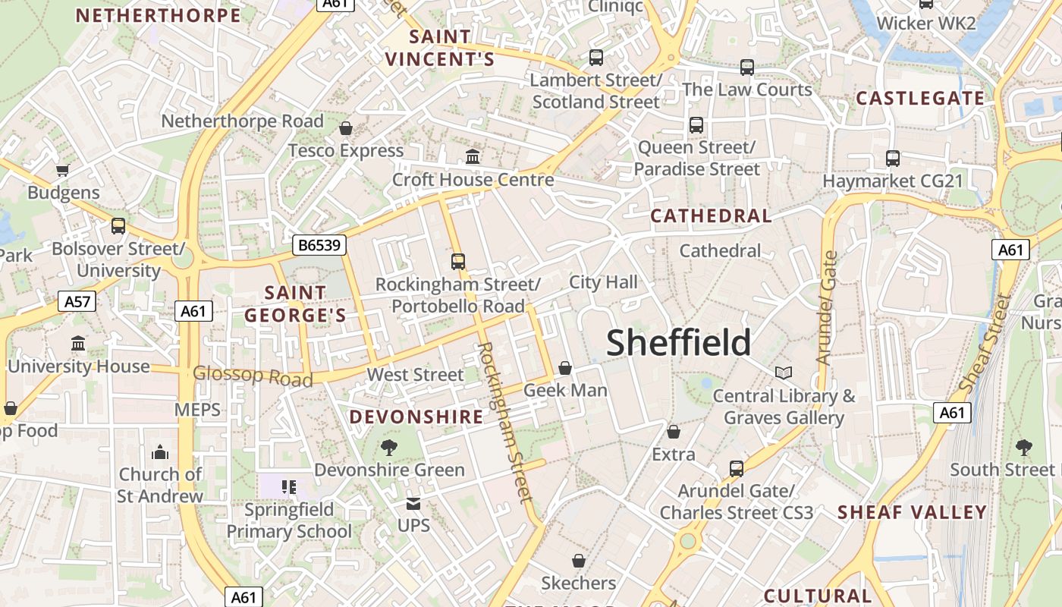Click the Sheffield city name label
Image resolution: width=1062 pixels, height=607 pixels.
tap(679, 343)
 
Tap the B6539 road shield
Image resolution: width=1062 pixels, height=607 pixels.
tap(320, 244)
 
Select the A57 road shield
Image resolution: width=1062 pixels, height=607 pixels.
tap(77, 301)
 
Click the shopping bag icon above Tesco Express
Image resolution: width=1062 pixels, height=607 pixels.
tap(346, 128)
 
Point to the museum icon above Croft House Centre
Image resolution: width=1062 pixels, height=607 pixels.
tap(473, 157)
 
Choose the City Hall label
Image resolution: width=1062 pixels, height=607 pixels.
tap(604, 282)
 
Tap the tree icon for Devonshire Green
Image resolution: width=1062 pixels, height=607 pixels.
tap(389, 448)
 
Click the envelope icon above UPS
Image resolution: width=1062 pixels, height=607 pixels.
tap(413, 503)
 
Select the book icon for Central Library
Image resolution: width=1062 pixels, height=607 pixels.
tap(784, 373)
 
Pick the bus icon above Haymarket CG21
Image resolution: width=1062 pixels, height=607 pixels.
tap(893, 159)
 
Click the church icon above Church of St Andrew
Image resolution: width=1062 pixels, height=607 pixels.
tap(160, 452)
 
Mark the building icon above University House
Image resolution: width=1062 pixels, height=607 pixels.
tap(78, 344)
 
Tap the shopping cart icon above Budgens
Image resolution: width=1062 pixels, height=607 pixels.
tap(63, 170)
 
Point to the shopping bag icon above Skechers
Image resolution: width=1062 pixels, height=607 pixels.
tap(579, 561)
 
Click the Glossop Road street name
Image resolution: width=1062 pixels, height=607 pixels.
tap(253, 376)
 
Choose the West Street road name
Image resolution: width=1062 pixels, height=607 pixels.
tap(415, 374)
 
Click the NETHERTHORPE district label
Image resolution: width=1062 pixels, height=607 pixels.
tap(159, 15)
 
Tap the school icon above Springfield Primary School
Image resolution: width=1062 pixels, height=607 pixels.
tap(288, 486)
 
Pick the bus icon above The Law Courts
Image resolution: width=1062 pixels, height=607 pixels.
tap(747, 67)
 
